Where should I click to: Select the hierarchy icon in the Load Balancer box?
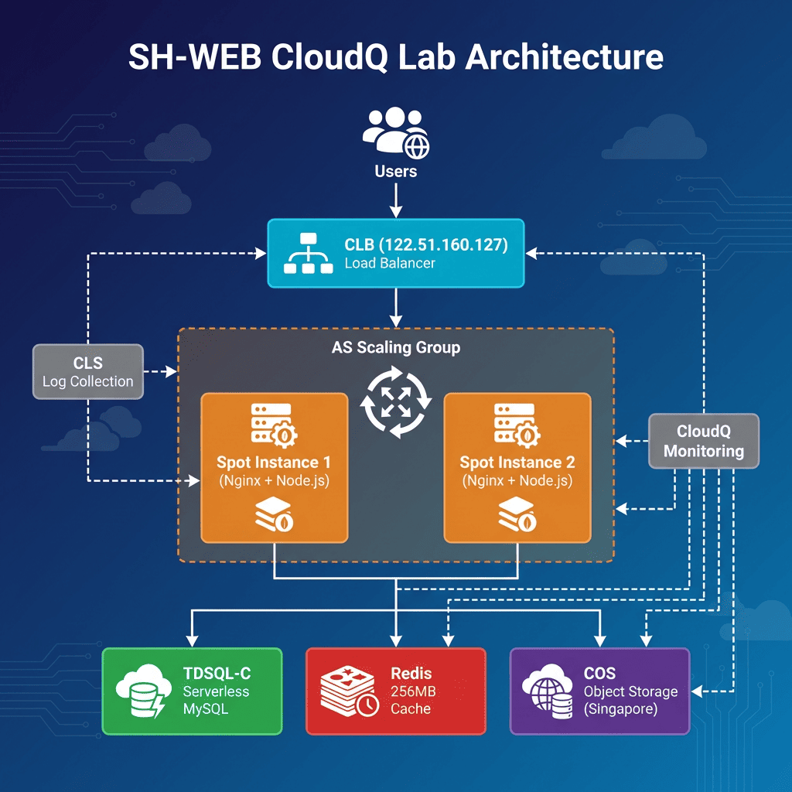click(x=307, y=254)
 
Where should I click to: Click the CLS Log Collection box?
click(x=87, y=372)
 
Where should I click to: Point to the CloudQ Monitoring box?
click(x=703, y=441)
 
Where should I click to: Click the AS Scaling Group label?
click(x=395, y=347)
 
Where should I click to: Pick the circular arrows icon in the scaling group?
click(x=395, y=404)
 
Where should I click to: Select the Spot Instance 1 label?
click(x=274, y=463)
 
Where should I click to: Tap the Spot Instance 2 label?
click(x=517, y=463)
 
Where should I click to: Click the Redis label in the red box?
click(x=411, y=673)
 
